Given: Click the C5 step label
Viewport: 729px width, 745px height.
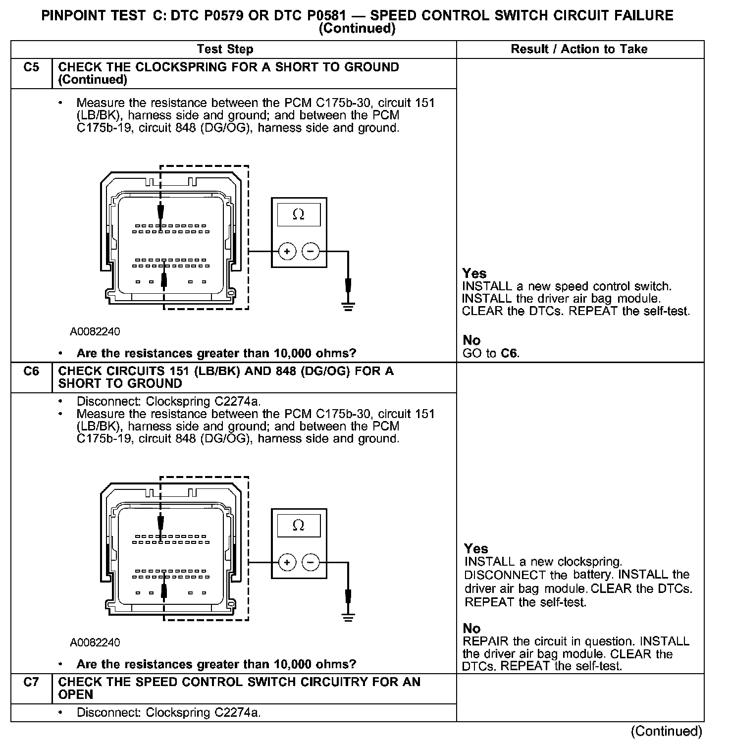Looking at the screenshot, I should click(x=31, y=67).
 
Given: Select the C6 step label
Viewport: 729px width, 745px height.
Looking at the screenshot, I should click(x=31, y=371).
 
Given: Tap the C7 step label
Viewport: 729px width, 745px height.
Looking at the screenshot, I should click(x=31, y=682).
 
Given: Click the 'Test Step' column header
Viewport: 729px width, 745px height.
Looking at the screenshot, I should click(x=225, y=49).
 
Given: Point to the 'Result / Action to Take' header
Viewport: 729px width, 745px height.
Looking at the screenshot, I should click(x=579, y=49).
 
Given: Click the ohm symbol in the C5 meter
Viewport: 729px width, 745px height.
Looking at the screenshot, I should click(x=299, y=214).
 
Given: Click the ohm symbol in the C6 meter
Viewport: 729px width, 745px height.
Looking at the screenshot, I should click(x=299, y=526).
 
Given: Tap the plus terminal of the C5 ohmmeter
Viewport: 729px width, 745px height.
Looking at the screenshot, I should click(x=287, y=252).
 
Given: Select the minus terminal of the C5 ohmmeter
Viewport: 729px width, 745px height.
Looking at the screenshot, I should click(x=311, y=252).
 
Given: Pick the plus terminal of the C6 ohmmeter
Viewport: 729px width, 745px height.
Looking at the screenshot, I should click(x=287, y=563).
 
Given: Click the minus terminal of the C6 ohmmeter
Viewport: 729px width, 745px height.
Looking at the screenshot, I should click(x=311, y=563).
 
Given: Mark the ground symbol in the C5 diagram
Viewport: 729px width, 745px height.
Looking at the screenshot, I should click(x=348, y=306).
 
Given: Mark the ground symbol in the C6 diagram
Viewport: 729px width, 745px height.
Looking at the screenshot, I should click(x=348, y=617).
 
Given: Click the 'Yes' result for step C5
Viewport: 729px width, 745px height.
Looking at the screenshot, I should click(x=474, y=273).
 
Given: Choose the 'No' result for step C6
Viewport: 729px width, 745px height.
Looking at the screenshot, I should click(x=471, y=629).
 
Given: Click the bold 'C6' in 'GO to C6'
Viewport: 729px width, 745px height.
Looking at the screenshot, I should click(x=509, y=353).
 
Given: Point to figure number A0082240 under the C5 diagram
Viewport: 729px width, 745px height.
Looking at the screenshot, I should click(x=95, y=331).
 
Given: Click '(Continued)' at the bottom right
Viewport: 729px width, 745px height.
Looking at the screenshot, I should click(x=666, y=731).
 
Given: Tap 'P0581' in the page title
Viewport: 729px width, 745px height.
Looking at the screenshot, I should click(x=323, y=15).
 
